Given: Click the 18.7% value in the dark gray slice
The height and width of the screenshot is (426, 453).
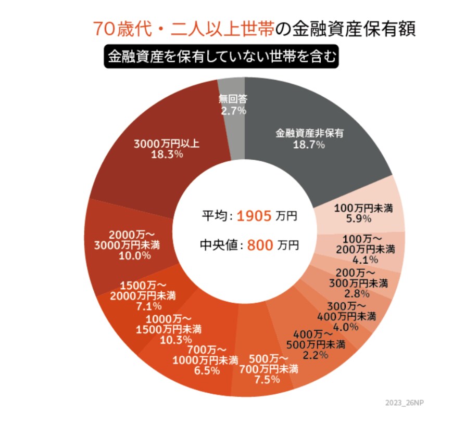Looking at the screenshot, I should [x=309, y=145].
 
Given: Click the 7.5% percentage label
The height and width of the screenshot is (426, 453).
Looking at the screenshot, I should [x=269, y=380].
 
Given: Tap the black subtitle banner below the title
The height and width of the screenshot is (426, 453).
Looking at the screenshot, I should [x=221, y=56].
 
